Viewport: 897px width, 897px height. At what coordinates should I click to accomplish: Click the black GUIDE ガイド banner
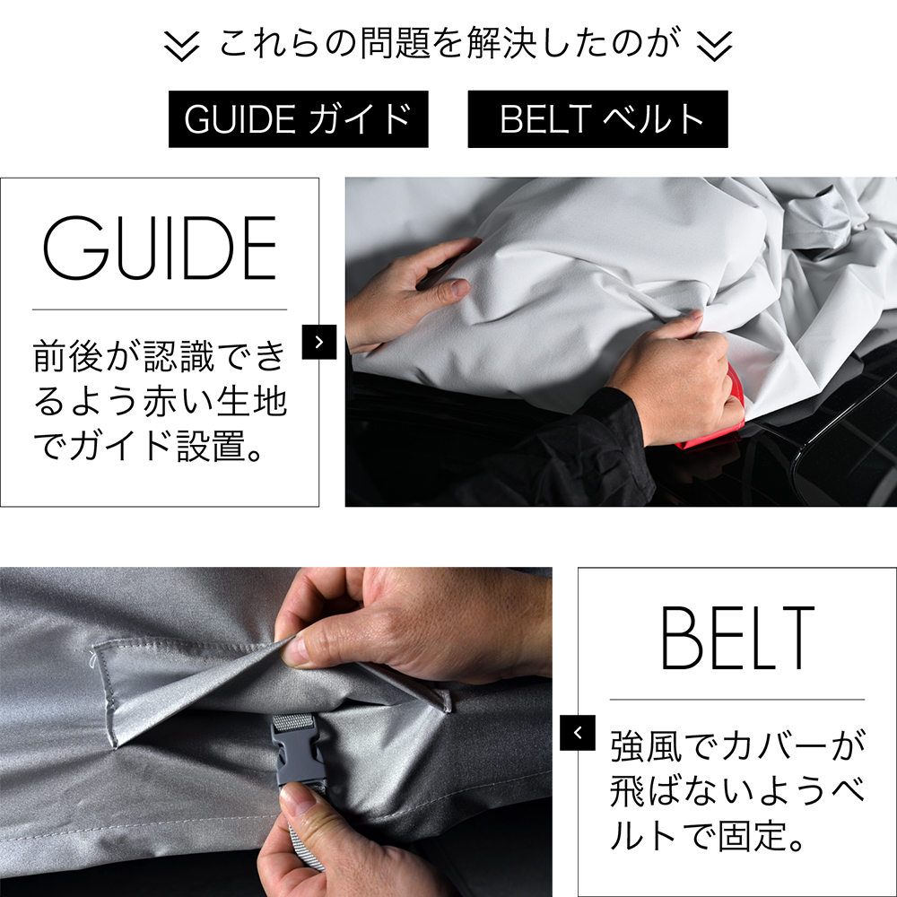(298, 119)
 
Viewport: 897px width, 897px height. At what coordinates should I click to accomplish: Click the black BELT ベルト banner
(597, 119)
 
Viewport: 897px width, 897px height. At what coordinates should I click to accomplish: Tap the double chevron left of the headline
(181, 46)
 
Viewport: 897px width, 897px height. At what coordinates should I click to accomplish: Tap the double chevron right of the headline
(715, 46)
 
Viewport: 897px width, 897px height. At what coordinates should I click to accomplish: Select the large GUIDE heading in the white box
(160, 248)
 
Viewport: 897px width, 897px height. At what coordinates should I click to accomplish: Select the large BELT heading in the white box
(737, 638)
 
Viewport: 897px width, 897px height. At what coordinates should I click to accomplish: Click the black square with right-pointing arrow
(319, 342)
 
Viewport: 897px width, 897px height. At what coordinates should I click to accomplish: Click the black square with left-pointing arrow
(577, 732)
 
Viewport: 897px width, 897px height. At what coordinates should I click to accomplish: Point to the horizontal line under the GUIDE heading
(160, 309)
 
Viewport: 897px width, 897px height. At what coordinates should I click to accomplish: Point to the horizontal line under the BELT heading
(736, 699)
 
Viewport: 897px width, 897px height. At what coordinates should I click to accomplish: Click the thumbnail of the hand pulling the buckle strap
(275, 732)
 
